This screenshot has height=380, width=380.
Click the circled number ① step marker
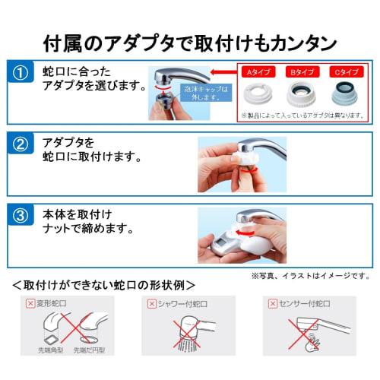22,74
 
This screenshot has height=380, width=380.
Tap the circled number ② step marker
22,144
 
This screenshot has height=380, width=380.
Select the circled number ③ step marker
22,214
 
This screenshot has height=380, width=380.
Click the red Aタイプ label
255,71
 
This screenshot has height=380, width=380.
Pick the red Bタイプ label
299,71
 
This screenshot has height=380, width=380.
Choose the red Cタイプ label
344,71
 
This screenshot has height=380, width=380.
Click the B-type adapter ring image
299,95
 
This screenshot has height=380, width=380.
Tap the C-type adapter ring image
344,95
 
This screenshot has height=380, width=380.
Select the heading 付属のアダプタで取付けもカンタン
189,39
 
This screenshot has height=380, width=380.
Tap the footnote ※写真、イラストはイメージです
310,274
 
